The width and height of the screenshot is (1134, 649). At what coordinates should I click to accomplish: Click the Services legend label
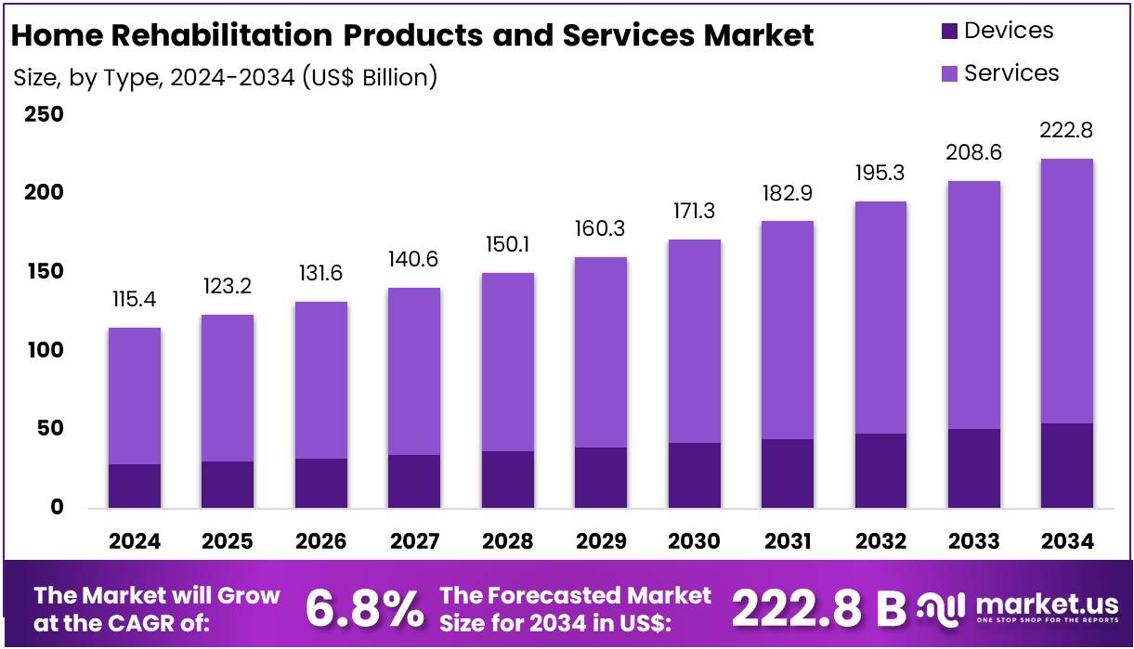(x=1011, y=72)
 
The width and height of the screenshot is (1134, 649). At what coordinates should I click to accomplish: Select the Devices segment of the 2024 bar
(x=135, y=486)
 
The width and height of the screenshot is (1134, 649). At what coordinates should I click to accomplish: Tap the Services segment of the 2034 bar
(x=1067, y=291)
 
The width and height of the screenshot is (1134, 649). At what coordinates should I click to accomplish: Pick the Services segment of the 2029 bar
(x=601, y=352)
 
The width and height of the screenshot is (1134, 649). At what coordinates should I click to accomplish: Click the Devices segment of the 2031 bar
(x=788, y=474)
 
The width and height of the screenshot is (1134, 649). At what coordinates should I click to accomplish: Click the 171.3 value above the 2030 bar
(x=695, y=211)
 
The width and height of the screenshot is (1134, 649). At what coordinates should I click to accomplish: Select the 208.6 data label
(x=974, y=152)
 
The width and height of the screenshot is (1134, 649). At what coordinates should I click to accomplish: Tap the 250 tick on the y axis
(x=44, y=114)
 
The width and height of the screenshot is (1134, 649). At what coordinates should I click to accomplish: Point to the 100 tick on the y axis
(x=44, y=350)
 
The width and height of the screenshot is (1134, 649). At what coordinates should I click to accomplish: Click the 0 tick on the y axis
(x=57, y=507)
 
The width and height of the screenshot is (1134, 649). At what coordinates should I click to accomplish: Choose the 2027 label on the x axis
(x=414, y=540)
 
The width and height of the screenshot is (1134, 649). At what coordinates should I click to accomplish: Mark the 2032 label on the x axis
(x=881, y=540)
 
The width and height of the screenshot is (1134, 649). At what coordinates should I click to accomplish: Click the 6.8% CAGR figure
(x=363, y=609)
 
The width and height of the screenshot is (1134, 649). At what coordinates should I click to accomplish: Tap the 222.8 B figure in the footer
(x=818, y=608)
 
